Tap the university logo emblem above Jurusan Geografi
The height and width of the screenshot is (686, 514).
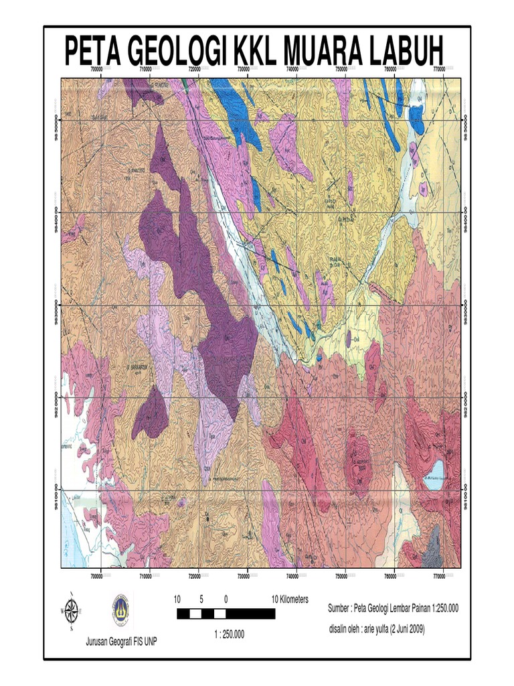[x=121, y=610]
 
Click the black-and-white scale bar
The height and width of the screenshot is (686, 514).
[x=226, y=614]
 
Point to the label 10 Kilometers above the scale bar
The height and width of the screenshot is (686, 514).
[x=290, y=600]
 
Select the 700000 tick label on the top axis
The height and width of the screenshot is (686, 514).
[x=96, y=69]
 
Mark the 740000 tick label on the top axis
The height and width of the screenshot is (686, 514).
[x=292, y=69]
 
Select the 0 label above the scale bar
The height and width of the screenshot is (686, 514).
[x=226, y=600]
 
